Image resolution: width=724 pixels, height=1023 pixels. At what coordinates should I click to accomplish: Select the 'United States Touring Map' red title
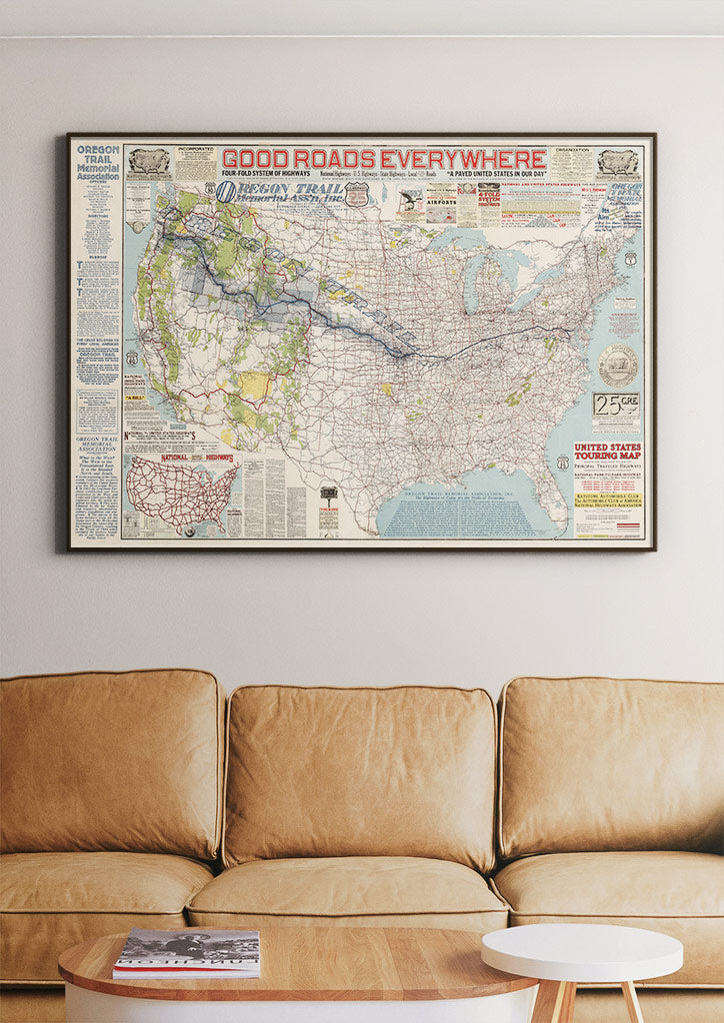pyautogui.click(x=608, y=452)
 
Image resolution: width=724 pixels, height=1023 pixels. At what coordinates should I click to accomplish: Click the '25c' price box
pyautogui.click(x=615, y=405)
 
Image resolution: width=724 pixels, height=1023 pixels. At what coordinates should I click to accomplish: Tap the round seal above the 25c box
pyautogui.click(x=617, y=365)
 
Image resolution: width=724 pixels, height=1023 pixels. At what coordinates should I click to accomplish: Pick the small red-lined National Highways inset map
pyautogui.click(x=181, y=494)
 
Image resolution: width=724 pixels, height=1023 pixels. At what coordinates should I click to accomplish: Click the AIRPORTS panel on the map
pyautogui.click(x=440, y=200)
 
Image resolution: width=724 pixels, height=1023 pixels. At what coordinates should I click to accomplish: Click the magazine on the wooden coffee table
pyautogui.click(x=187, y=952)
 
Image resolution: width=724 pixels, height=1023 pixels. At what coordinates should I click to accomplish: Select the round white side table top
pyautogui.click(x=582, y=951)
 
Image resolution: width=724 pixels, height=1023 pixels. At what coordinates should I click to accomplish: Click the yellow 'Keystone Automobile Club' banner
pyautogui.click(x=608, y=499)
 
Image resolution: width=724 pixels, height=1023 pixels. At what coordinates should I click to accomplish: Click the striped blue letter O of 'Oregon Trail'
pyautogui.click(x=227, y=191)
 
